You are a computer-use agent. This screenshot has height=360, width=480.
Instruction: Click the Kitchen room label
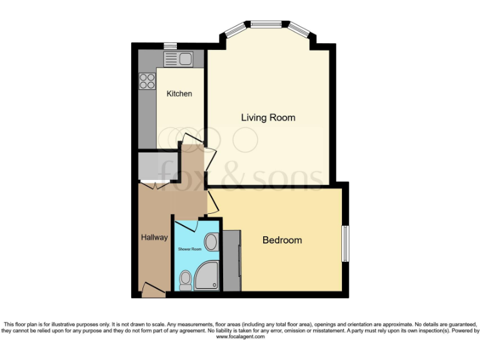[x=179, y=94]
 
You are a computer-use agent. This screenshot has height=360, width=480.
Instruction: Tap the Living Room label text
[x=269, y=117]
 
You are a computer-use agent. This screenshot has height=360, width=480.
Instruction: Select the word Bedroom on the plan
[x=282, y=240]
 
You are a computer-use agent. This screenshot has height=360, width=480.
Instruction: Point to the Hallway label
[x=154, y=237]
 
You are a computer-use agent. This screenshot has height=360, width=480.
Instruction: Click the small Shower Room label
[x=190, y=249]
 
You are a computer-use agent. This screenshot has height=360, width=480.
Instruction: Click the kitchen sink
[x=179, y=59]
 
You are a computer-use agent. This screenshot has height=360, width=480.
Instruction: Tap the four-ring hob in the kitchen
[x=147, y=81]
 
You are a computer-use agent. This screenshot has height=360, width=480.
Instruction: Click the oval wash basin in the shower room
[x=211, y=242]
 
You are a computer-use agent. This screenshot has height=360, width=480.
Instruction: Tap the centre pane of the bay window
[x=267, y=26]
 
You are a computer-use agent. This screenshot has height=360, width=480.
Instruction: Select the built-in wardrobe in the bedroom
[x=232, y=260]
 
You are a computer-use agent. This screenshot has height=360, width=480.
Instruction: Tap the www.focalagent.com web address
[x=240, y=337]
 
